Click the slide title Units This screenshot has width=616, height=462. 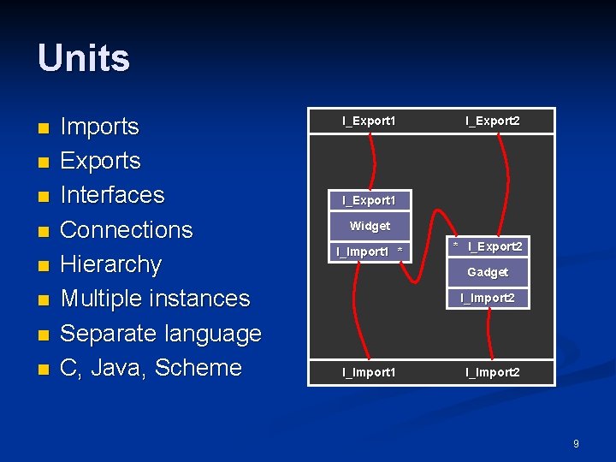point(84,59)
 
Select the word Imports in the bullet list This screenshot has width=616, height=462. point(99,127)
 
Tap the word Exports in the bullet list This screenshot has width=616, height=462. point(101,161)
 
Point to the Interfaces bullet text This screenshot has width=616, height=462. point(112,195)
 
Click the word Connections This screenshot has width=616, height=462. point(127,229)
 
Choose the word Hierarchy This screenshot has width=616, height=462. point(111,264)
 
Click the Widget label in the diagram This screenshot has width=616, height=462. point(370,227)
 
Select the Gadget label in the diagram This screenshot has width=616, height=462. point(488,272)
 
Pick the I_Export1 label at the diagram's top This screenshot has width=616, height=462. point(369,121)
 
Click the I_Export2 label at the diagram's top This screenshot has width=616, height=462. point(492,121)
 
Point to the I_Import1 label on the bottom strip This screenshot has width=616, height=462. point(369,372)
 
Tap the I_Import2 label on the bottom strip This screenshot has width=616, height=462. point(492,372)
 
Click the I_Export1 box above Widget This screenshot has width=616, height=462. point(369,200)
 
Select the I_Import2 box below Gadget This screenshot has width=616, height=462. point(488,298)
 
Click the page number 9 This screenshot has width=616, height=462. point(576,444)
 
